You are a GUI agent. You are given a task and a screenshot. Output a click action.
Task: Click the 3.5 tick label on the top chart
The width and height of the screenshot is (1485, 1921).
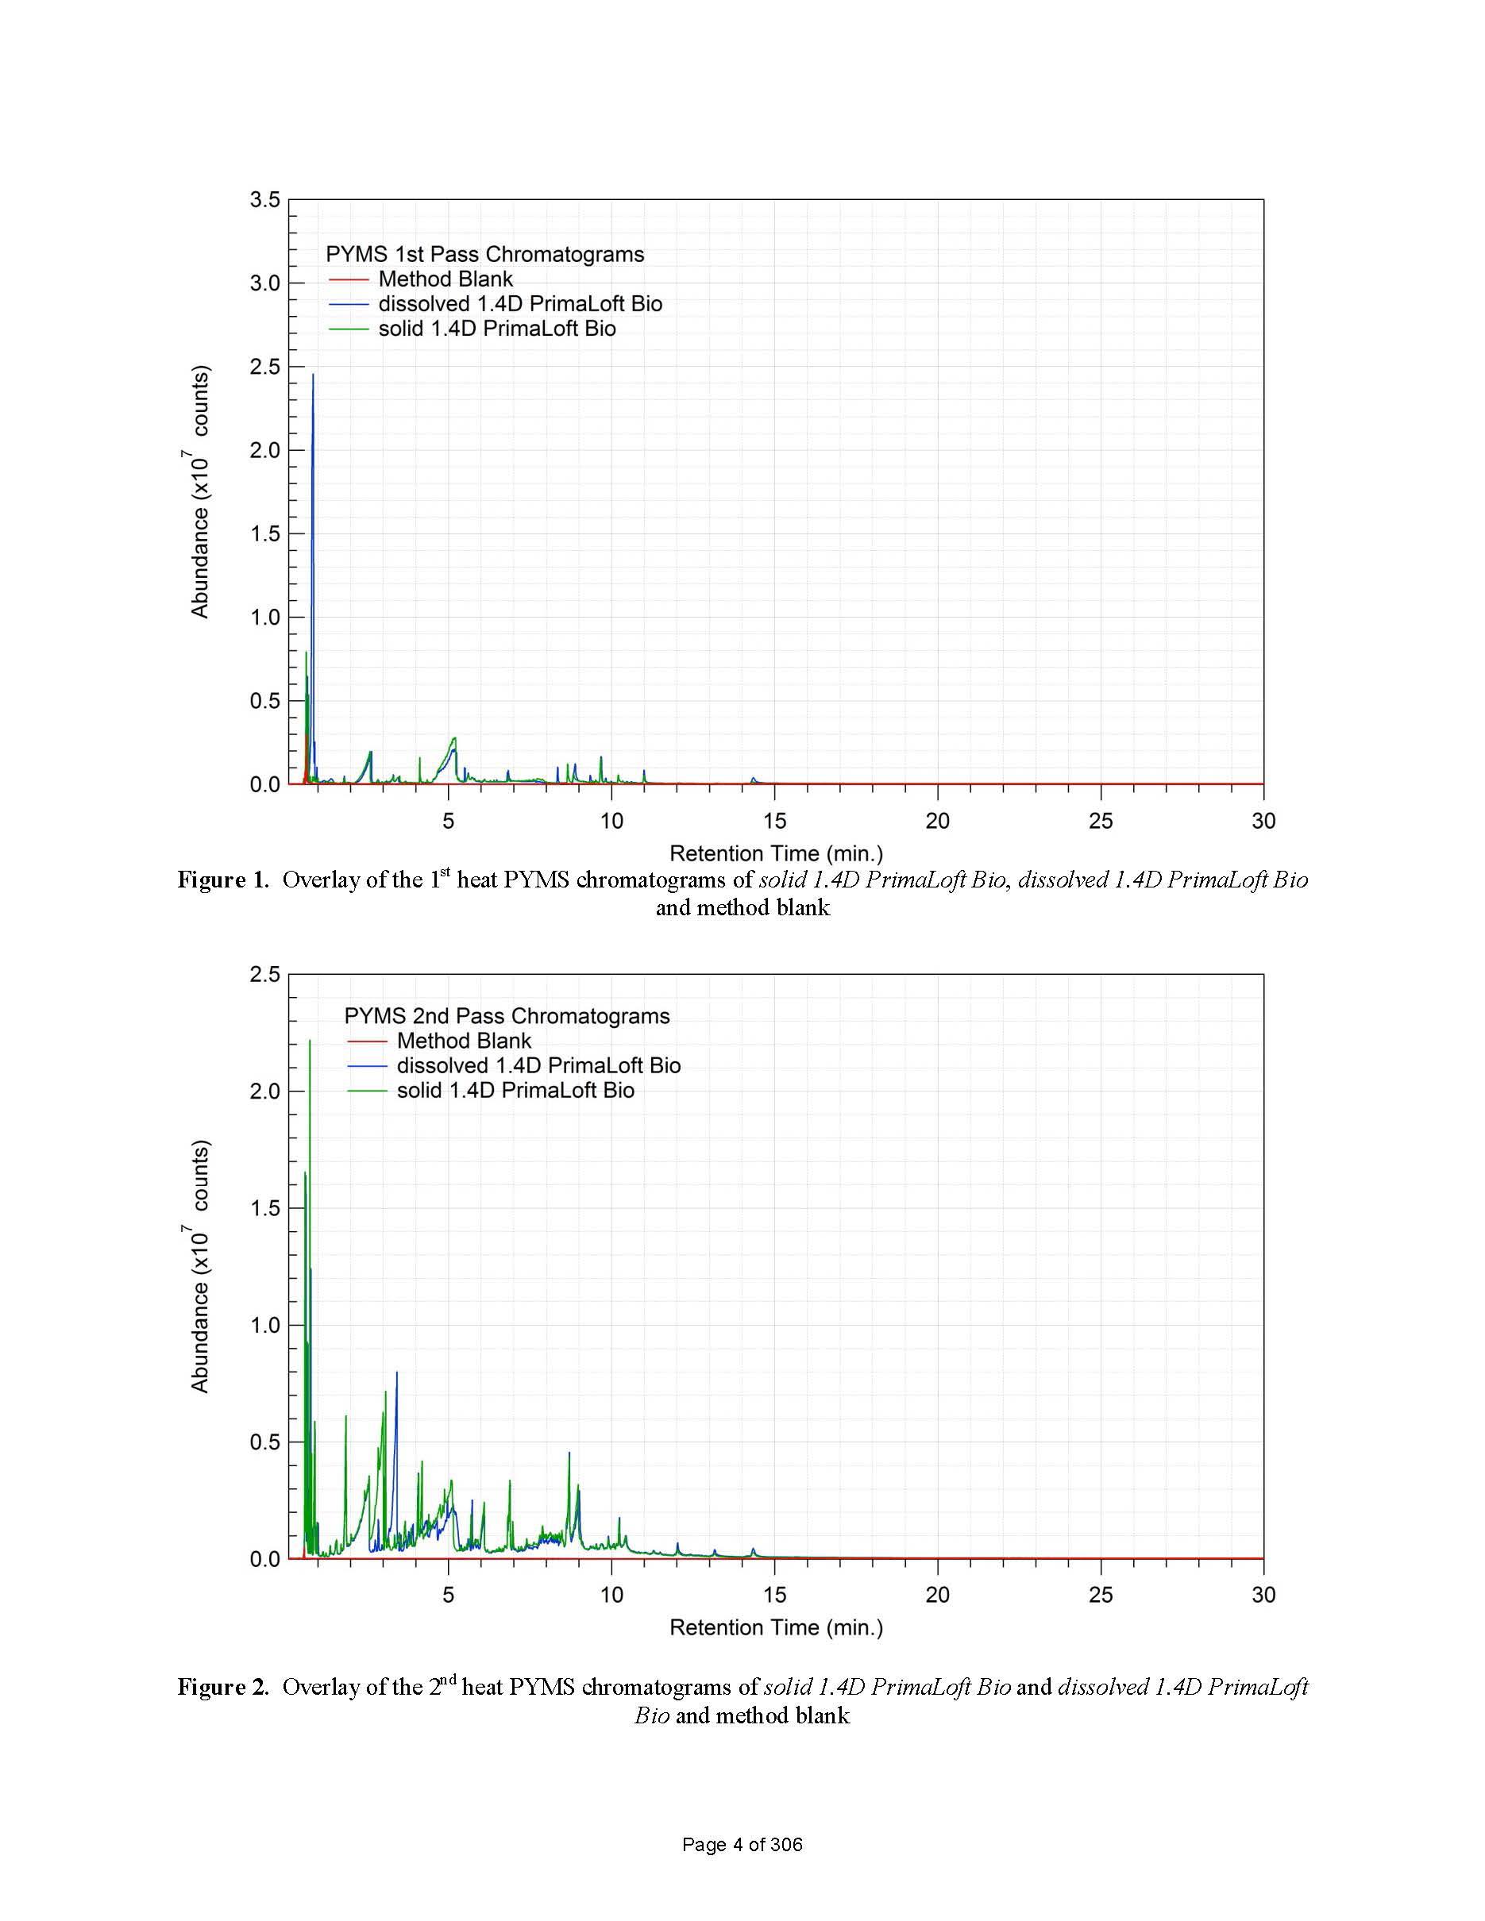[x=264, y=201]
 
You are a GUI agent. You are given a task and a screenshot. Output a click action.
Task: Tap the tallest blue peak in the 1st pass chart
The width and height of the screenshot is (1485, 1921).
[x=312, y=376]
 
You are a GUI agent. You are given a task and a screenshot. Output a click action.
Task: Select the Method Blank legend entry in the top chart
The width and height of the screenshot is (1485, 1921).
[x=445, y=279]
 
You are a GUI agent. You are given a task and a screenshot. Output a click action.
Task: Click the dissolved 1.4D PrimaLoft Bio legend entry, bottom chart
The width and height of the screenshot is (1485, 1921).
[x=538, y=1066]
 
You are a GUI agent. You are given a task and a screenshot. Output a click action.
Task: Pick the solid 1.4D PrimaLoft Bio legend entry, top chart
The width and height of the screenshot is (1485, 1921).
[x=497, y=329]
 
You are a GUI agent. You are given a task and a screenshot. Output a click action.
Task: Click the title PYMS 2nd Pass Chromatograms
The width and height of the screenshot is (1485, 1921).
[x=507, y=1017]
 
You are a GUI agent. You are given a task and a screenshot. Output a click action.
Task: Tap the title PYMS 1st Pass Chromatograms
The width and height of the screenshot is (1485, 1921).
[x=484, y=255]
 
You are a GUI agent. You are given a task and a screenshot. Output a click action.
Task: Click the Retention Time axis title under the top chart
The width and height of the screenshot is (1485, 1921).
[x=776, y=853]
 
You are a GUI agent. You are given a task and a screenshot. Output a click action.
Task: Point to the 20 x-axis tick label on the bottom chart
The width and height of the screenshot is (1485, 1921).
[x=938, y=1595]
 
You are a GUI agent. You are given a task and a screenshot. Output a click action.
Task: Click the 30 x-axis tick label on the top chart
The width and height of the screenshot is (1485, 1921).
[x=1263, y=821]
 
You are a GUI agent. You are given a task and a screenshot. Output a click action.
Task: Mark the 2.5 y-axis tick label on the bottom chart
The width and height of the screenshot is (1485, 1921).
[x=264, y=975]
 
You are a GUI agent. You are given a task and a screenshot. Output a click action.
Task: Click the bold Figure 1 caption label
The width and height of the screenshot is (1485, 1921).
[x=222, y=880]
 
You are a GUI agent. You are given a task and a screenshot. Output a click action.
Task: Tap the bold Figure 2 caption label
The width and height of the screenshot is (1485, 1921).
[x=222, y=1687]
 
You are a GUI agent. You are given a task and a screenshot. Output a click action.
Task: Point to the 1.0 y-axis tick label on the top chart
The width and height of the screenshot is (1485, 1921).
[x=264, y=618]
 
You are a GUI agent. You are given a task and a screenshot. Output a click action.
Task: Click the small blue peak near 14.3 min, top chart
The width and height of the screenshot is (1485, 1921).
[x=753, y=780]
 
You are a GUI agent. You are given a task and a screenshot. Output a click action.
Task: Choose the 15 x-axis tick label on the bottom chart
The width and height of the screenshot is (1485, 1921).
[x=774, y=1595]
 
